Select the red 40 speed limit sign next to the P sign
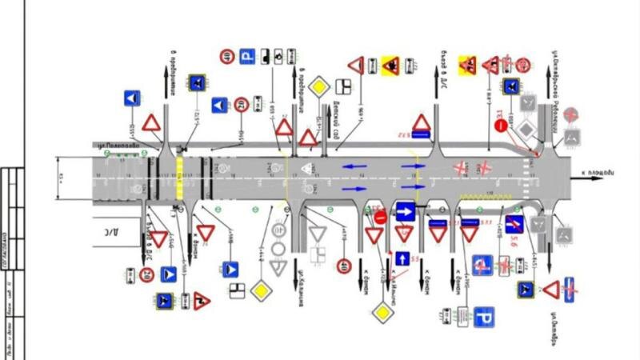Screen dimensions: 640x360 pyautogui.click(x=226, y=56)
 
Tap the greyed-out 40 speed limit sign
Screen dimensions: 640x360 pyautogui.click(x=279, y=230)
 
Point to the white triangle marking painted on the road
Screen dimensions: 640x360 pyautogui.click(x=307, y=169)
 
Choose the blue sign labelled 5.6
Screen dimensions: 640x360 pyautogui.click(x=514, y=225)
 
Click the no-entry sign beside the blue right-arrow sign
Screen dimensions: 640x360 pyautogui.click(x=380, y=216)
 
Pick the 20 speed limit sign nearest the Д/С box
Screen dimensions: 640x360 pyautogui.click(x=146, y=274)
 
